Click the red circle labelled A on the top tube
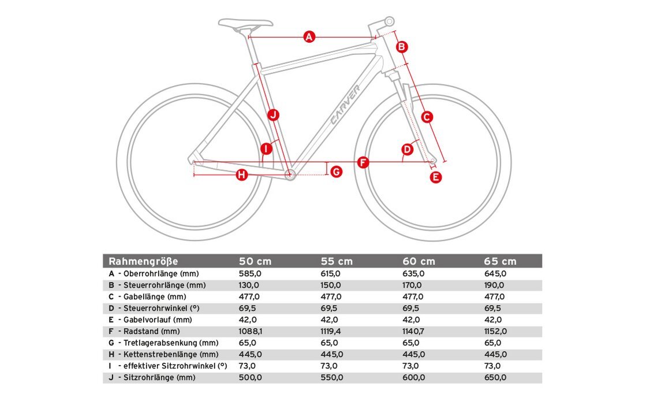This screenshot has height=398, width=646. [309, 37]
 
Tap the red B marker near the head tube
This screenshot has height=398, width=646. [402, 47]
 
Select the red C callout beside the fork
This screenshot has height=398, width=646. [427, 117]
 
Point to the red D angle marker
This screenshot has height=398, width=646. [408, 150]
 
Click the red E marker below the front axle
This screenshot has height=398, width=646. [436, 177]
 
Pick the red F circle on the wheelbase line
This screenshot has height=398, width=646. [363, 162]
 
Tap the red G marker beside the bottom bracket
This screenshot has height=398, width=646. [337, 171]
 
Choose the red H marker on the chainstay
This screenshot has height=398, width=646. [241, 174]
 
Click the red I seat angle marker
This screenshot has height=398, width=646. [266, 149]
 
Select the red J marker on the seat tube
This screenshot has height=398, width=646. [273, 114]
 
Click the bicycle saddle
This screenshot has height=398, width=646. [245, 23]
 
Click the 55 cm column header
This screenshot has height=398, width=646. [337, 261]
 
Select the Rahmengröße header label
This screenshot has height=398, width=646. [144, 261]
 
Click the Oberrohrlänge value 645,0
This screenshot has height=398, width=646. [495, 274]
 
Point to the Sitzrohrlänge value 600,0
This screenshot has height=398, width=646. [413, 378]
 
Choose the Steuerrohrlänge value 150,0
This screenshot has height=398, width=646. [331, 285]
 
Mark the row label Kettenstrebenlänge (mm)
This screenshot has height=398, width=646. [170, 355]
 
